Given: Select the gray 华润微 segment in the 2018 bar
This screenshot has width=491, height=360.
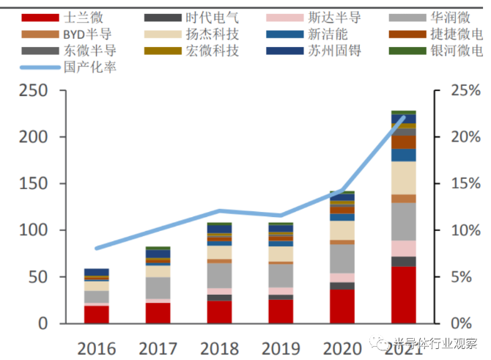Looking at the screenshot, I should (218, 276).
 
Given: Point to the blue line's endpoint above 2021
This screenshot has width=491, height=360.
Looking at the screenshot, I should (402, 117).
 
